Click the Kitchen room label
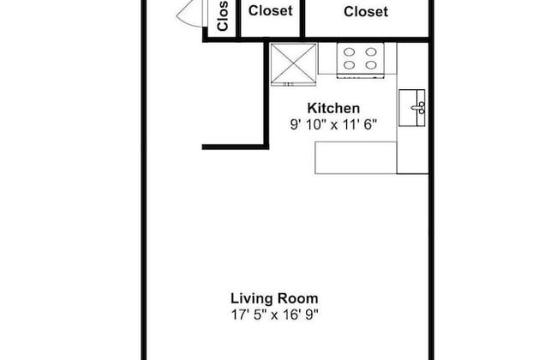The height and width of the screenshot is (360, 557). click(333, 108)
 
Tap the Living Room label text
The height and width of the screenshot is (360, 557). click(274, 298)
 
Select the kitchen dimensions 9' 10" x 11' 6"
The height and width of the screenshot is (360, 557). click(333, 124)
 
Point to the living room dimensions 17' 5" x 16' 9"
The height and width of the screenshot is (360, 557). click(274, 315)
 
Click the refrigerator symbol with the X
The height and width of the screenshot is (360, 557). click(293, 64)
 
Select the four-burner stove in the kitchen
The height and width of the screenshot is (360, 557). click(360, 60)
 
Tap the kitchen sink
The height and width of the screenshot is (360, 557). click(411, 108)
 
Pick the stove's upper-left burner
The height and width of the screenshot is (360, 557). click(349, 52)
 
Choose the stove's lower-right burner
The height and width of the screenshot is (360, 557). click(371, 65)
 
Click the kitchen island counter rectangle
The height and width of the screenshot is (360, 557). click(356, 158)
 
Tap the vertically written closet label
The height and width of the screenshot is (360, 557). click(222, 16)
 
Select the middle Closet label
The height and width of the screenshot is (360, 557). click(271, 10)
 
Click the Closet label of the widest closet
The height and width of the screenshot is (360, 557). click(366, 12)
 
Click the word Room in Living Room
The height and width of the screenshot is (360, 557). click(297, 298)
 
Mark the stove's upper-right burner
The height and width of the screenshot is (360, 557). click(371, 52)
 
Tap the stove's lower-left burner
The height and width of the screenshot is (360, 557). click(349, 65)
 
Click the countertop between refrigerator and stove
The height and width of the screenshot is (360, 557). click(327, 58)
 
